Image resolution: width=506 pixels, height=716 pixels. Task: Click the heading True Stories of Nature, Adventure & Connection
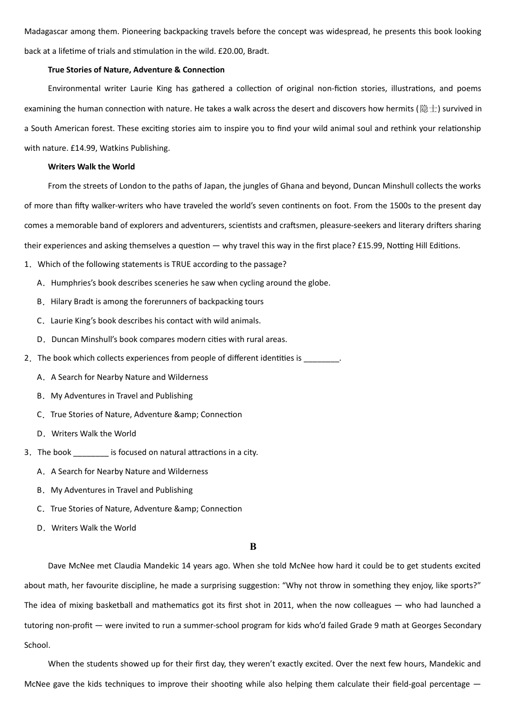(136, 70)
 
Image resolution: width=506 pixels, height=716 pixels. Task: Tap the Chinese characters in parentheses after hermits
(428, 109)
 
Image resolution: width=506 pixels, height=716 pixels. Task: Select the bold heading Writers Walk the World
(91, 167)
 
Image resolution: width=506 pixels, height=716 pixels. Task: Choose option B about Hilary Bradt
(157, 302)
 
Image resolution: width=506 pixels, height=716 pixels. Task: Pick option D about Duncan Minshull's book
(169, 339)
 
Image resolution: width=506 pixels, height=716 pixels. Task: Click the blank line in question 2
(321, 359)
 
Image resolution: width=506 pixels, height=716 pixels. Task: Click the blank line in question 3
(91, 453)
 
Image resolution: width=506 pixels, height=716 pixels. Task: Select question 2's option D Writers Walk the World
(93, 434)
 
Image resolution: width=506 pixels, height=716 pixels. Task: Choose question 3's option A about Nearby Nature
(129, 471)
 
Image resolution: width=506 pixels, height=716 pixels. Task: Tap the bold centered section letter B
(253, 547)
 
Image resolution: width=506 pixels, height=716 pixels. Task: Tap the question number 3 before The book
(27, 452)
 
